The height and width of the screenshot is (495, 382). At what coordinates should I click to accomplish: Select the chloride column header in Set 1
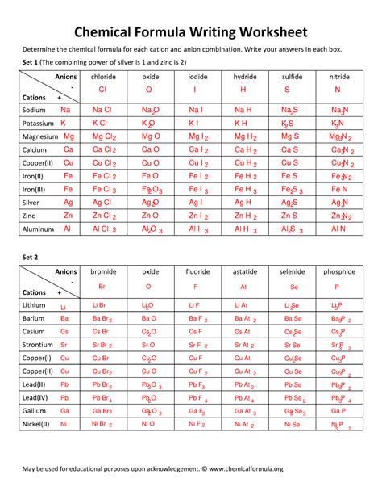pos(102,76)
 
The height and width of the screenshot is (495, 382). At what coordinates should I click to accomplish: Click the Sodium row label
pos(35,109)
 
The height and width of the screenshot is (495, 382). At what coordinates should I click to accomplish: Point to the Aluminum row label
pos(38,229)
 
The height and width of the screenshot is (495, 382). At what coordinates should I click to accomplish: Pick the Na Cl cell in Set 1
pos(102,109)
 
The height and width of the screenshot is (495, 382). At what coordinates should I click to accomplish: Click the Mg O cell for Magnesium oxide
pos(151,136)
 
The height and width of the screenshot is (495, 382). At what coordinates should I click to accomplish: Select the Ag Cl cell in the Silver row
pos(102,203)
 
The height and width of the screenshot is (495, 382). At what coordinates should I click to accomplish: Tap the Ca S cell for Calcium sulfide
pos(290,149)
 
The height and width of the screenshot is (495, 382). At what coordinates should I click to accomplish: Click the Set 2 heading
pos(31,256)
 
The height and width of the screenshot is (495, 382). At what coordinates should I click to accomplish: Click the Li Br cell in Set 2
pos(101,305)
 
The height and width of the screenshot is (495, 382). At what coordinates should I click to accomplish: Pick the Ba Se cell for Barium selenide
pos(293,318)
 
